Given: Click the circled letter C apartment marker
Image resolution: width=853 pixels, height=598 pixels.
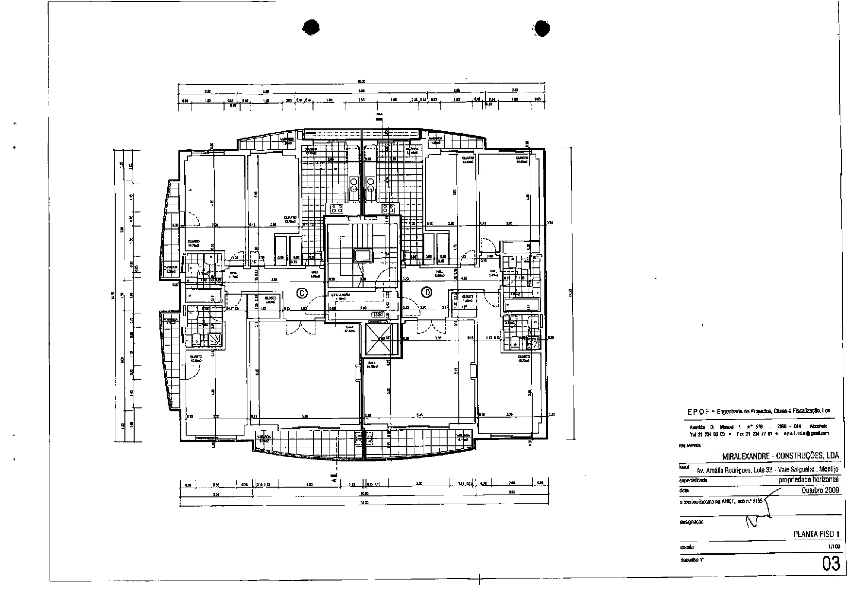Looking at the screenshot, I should coord(302,293).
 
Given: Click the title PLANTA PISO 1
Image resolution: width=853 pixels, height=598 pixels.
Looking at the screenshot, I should coord(817,534).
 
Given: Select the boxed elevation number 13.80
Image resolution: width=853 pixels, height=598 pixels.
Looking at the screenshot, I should coord(378,315).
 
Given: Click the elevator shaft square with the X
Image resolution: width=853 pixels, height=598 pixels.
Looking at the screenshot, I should coord(381,338).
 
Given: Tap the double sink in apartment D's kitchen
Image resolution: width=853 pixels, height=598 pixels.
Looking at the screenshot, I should coord(370,185).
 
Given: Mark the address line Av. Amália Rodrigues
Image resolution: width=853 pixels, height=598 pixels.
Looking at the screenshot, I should coord(767,470).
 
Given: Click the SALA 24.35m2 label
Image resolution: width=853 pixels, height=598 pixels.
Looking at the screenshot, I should coord(372,365).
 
